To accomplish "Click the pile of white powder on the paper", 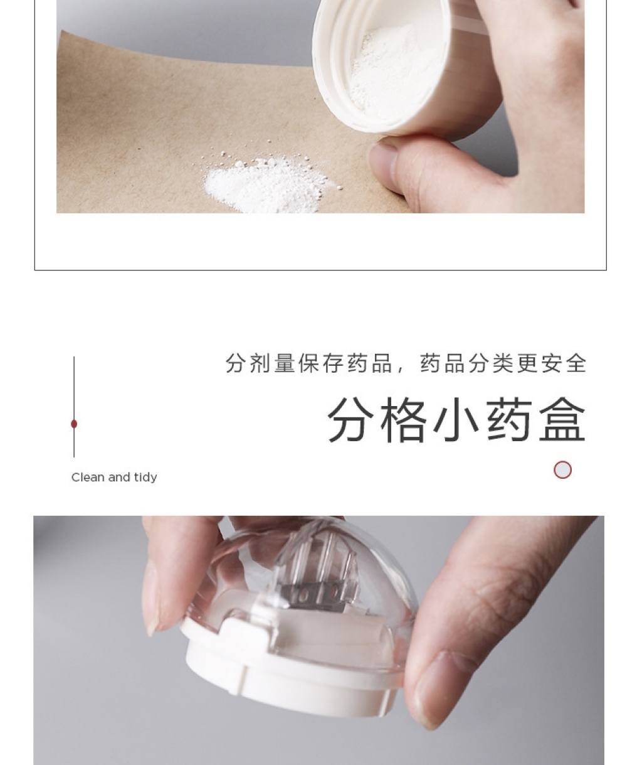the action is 269,185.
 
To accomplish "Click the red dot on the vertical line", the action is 74,424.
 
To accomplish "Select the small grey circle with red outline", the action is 562,469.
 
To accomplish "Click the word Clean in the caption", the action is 88,477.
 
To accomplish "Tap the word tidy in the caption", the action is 145,477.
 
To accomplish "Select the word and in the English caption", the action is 119,477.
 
